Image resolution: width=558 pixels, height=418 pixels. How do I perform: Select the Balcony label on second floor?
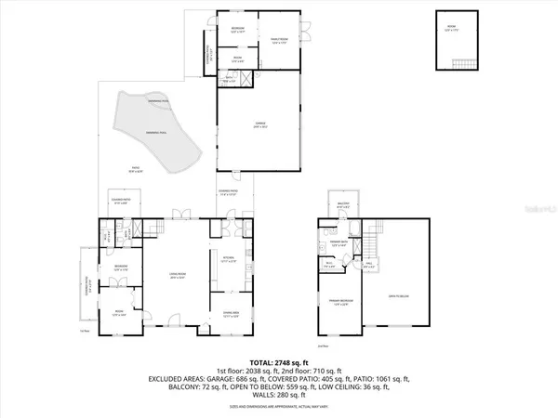click(342, 204)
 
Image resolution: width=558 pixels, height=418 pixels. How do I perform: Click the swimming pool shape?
click(153, 135)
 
